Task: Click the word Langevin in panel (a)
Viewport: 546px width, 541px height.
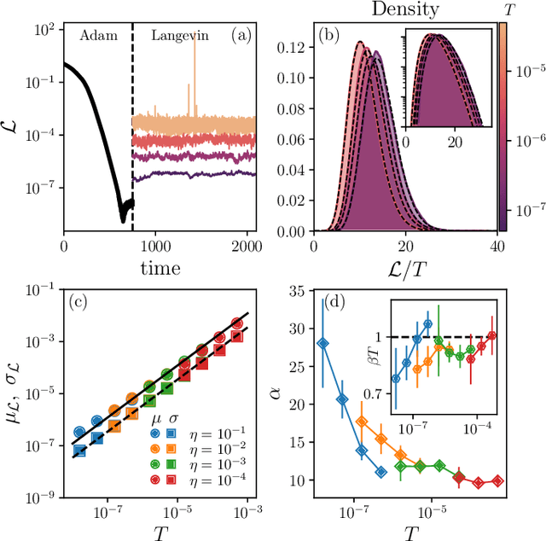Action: [x=178, y=36]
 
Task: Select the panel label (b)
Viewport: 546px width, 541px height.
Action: [x=328, y=36]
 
